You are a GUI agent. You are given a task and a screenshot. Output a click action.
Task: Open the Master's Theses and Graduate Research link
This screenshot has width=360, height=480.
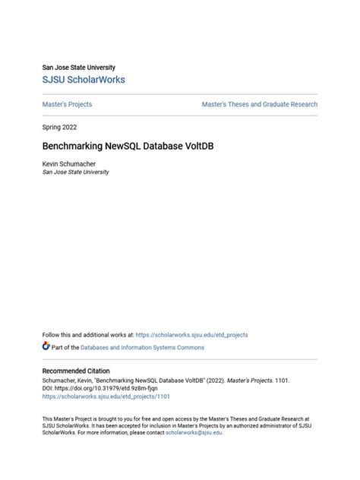(x=259, y=104)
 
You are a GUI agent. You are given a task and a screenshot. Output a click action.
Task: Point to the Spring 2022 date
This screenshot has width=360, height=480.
(x=59, y=127)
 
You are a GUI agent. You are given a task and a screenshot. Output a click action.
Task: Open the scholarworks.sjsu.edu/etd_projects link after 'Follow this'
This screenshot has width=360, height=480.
(x=191, y=334)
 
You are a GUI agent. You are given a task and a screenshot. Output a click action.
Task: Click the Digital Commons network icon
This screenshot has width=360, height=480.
(x=46, y=346)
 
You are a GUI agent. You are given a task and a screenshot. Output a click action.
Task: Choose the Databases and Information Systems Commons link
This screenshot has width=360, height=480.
(x=138, y=347)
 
